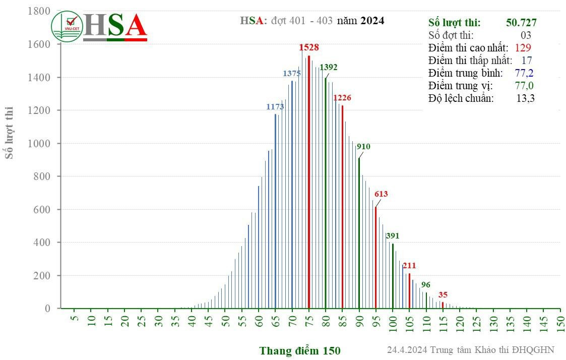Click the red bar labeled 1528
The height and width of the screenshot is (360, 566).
click(308, 182)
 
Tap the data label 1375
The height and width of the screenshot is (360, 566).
click(291, 74)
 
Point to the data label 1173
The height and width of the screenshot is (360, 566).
click(275, 107)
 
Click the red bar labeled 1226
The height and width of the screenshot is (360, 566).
click(342, 207)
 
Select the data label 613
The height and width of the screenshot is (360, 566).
click(381, 194)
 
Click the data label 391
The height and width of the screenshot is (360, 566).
click(392, 235)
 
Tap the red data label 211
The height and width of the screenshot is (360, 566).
click(409, 265)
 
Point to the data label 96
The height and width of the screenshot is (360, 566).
click(426, 284)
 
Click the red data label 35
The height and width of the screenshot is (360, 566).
click(443, 295)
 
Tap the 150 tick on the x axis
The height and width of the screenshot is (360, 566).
click(560, 321)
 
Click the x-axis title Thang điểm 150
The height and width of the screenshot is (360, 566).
click(300, 350)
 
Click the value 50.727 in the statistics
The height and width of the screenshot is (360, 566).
click(521, 23)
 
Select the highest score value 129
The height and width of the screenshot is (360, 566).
click(523, 48)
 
